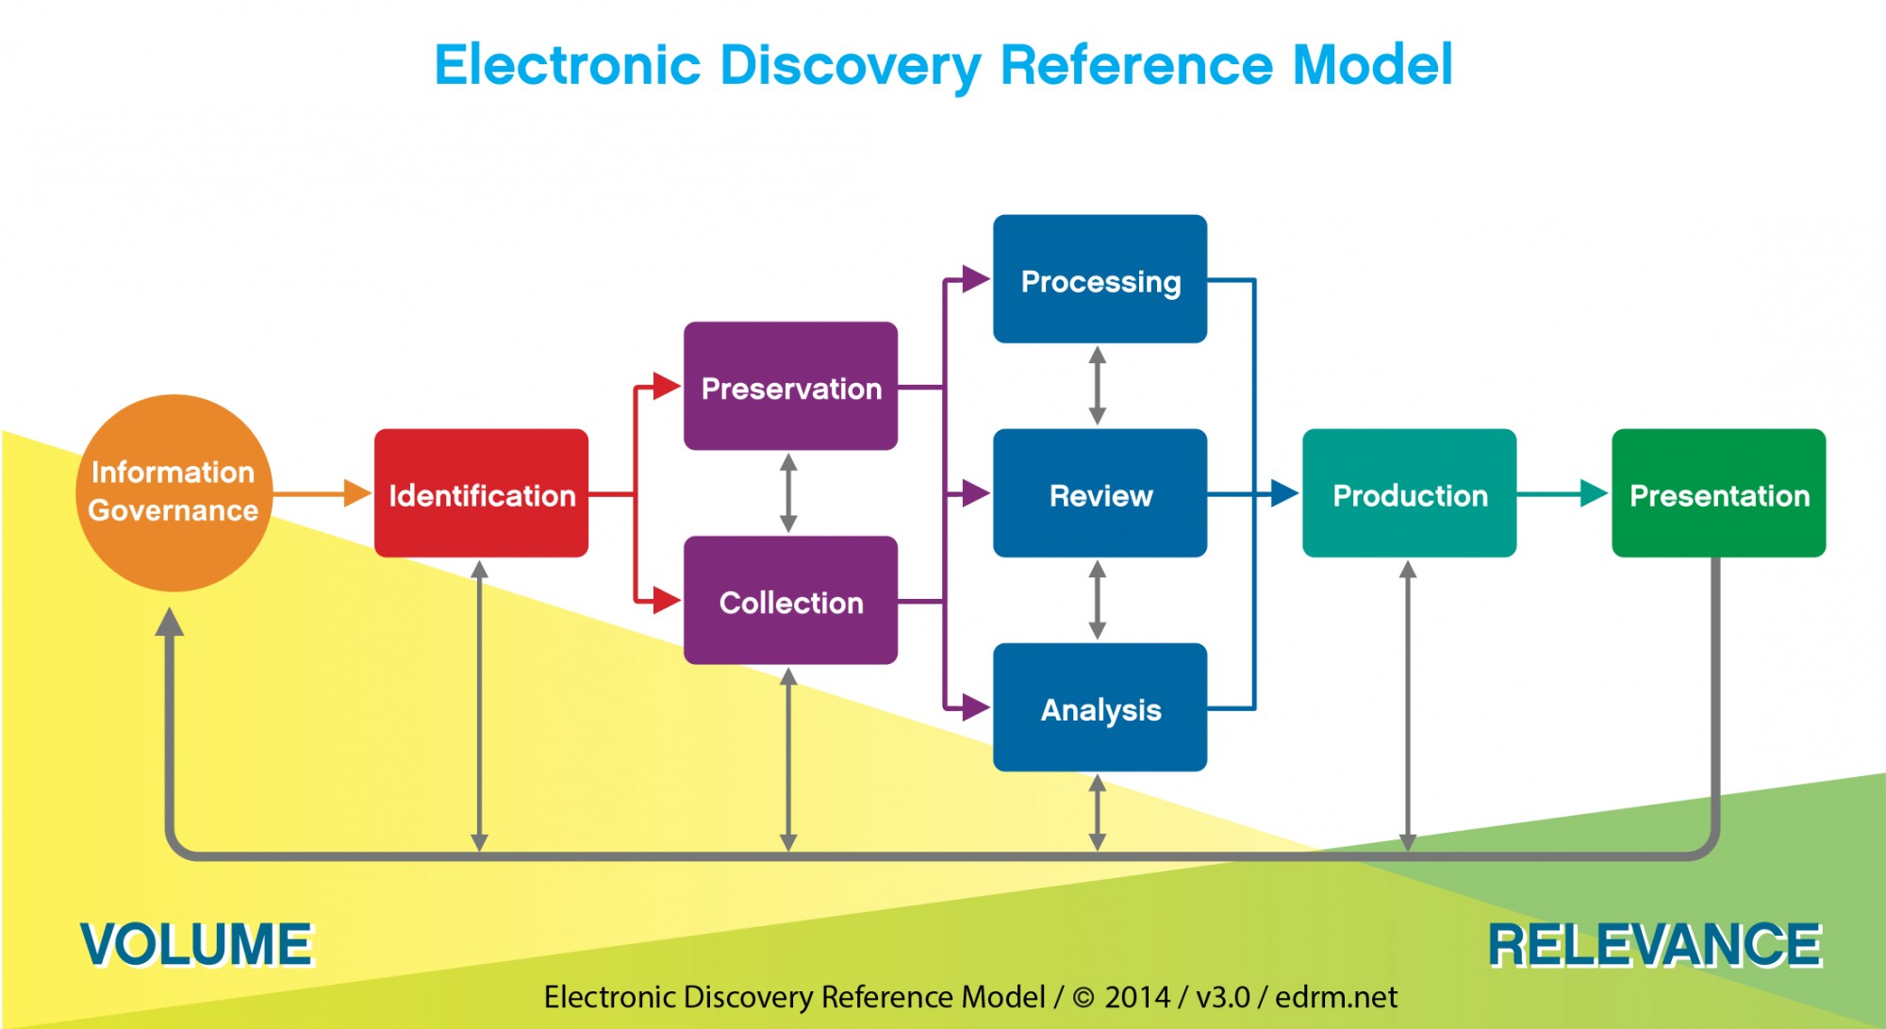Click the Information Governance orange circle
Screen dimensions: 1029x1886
(174, 492)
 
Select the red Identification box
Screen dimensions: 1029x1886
(481, 493)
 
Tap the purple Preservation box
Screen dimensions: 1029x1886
(790, 386)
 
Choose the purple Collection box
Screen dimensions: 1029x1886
(790, 601)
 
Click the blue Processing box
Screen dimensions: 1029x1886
(1100, 279)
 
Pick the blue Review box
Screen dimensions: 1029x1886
(1100, 493)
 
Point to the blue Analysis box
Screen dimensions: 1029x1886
(1100, 707)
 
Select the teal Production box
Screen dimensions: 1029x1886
(1409, 493)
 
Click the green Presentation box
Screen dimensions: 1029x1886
(1718, 493)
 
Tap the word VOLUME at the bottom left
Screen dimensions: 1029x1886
(196, 944)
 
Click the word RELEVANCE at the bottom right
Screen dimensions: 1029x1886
(1655, 944)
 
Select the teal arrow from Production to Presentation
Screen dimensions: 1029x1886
(1562, 492)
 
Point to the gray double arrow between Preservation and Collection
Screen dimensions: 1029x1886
(789, 493)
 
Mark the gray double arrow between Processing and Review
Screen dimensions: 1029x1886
(1098, 386)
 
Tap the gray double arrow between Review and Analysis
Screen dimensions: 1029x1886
(1098, 601)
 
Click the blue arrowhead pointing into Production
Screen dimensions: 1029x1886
(1283, 492)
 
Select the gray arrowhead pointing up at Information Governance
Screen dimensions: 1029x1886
(170, 622)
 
